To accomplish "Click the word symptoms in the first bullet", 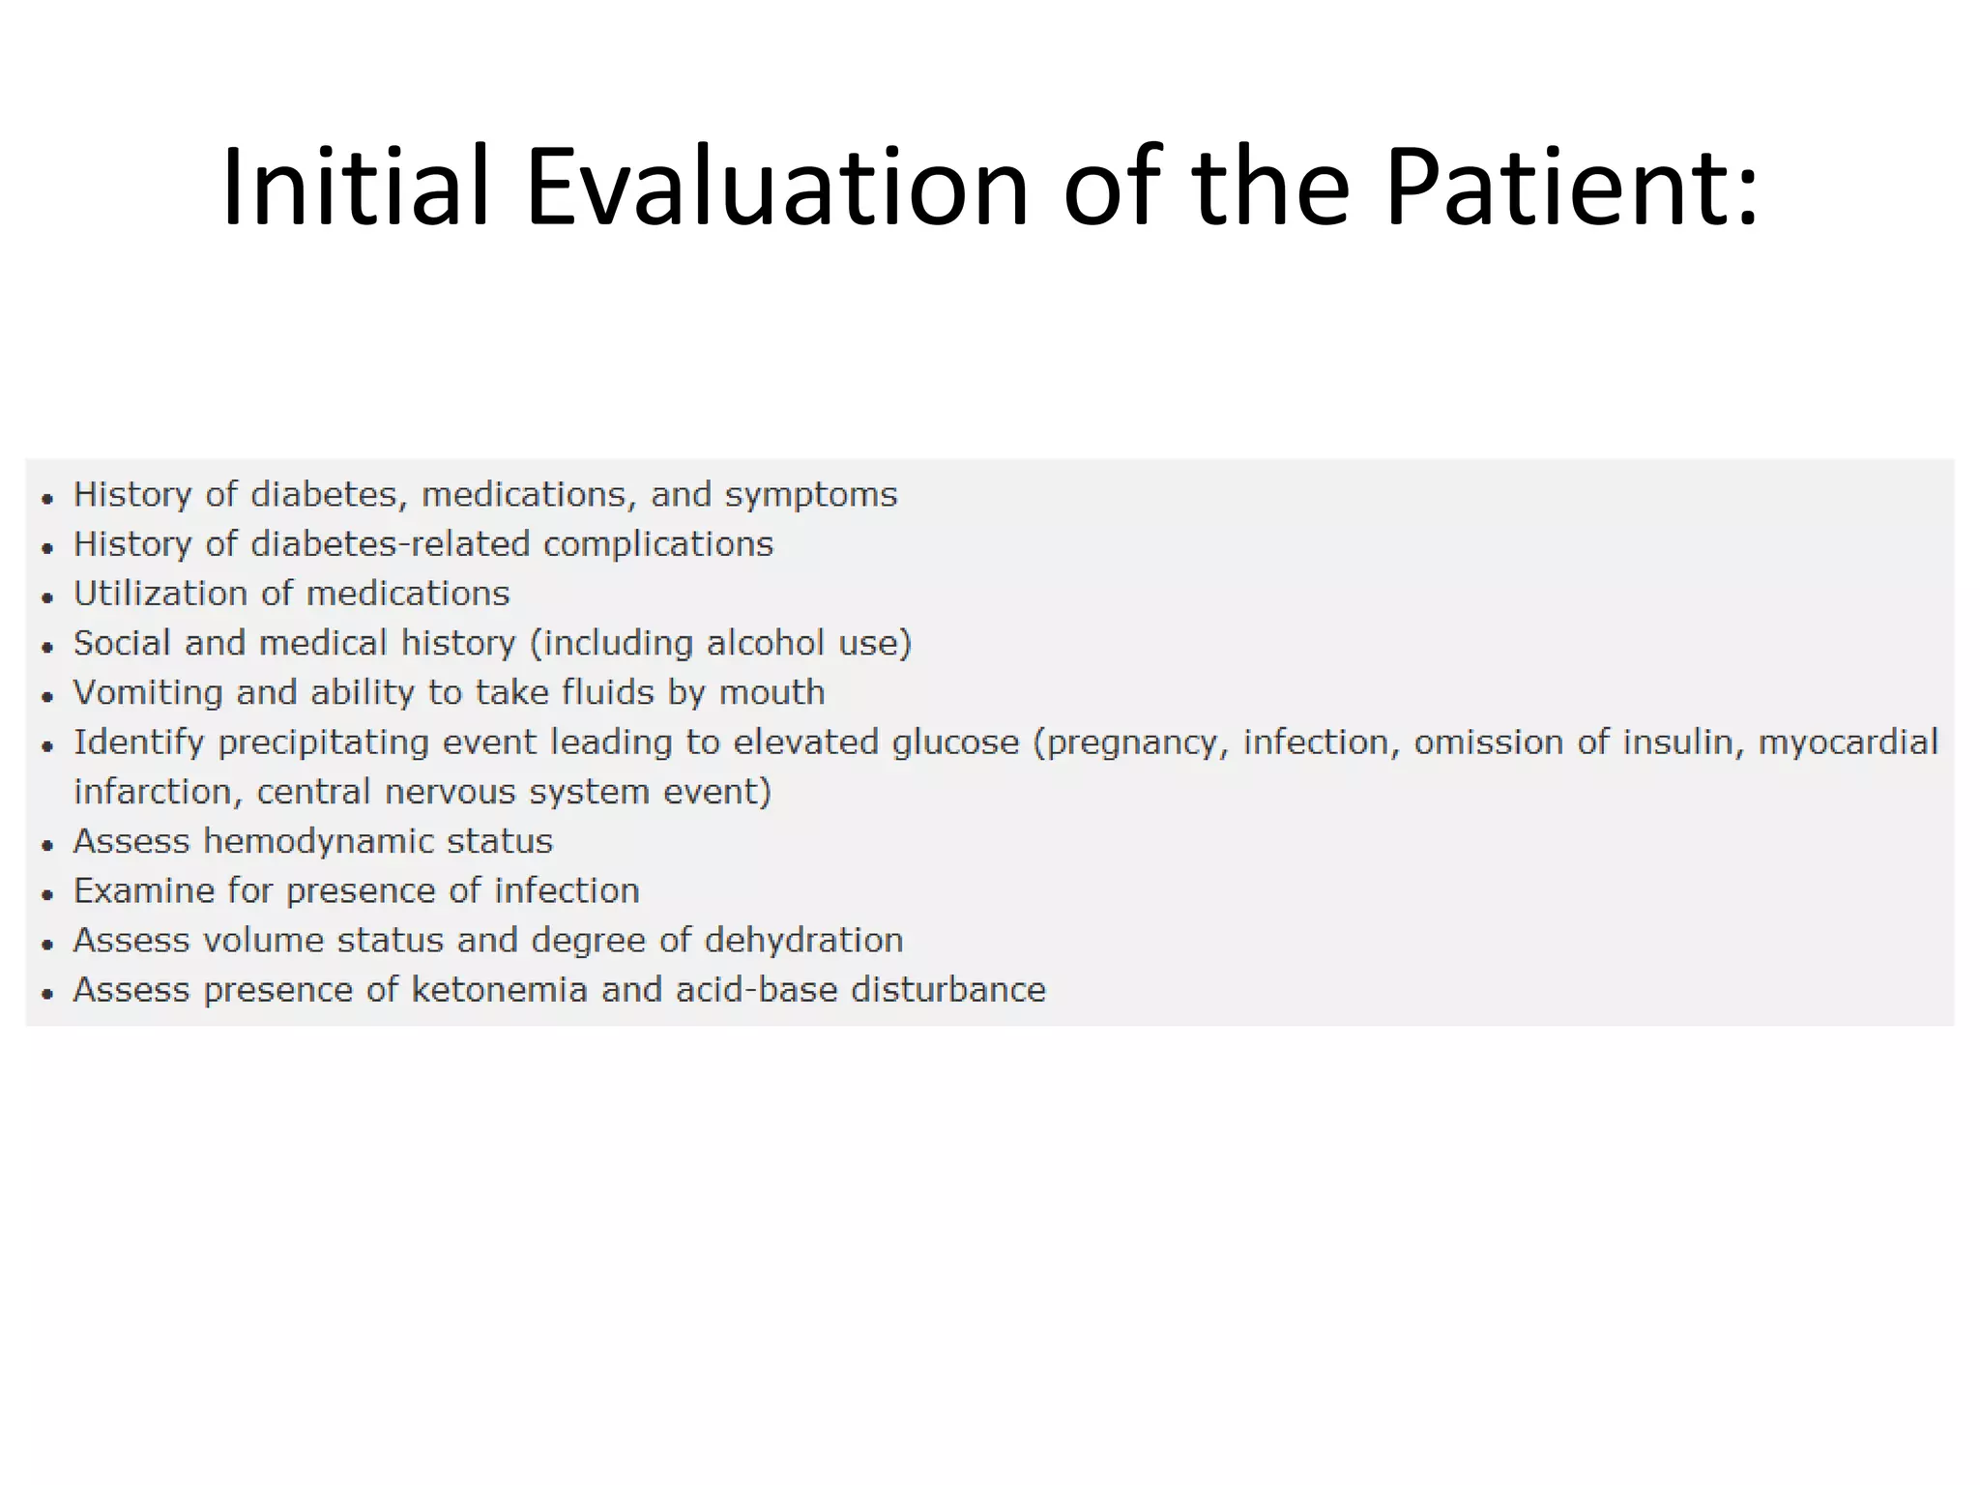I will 811,496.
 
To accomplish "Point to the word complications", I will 657,544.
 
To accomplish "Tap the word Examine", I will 144,890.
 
